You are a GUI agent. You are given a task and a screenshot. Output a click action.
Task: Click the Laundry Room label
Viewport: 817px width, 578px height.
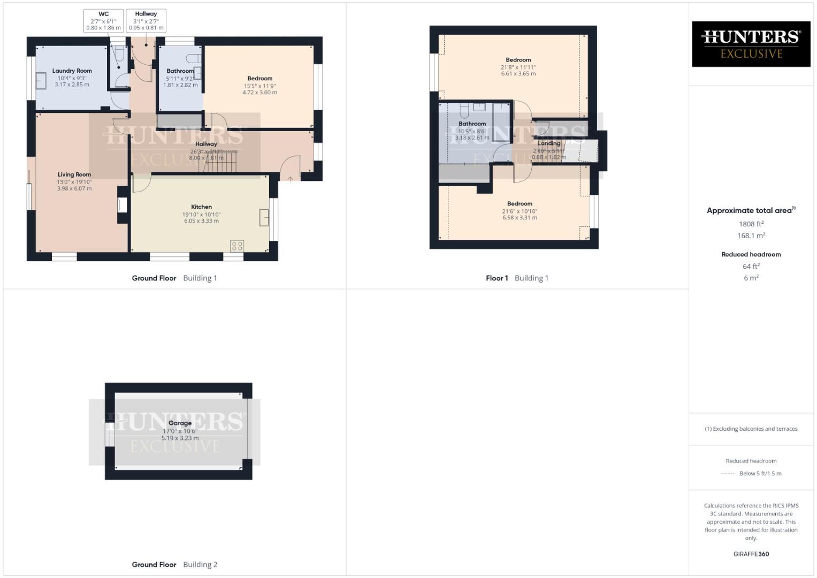pos(72,71)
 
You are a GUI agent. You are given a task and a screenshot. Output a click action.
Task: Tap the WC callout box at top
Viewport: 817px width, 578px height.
pos(103,21)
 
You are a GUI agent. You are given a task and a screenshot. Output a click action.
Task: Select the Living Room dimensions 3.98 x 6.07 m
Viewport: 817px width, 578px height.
pos(74,188)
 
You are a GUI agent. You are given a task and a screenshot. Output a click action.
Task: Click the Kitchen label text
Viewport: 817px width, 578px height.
pos(201,207)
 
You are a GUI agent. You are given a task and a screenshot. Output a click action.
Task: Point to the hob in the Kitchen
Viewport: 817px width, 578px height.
pos(237,246)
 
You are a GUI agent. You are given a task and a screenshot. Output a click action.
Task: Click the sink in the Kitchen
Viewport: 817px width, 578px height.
pos(264,218)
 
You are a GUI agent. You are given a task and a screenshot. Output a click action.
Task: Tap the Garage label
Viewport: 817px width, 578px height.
pos(180,423)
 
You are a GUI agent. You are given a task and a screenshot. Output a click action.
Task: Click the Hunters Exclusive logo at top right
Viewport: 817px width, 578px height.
pos(751,44)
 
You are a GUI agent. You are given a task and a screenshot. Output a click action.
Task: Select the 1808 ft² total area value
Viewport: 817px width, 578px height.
pos(751,224)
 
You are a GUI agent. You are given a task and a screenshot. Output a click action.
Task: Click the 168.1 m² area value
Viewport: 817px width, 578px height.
pos(751,236)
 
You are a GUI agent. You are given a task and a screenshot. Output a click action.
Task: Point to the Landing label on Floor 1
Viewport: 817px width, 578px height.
pos(548,143)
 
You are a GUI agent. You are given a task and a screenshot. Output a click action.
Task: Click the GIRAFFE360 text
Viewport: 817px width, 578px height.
pos(751,554)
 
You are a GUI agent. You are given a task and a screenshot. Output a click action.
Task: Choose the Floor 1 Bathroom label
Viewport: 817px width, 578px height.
pos(472,124)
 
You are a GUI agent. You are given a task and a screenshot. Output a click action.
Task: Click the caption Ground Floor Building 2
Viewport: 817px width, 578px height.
pos(174,565)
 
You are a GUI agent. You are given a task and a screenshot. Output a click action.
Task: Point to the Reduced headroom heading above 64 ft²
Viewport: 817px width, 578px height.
pos(751,255)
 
